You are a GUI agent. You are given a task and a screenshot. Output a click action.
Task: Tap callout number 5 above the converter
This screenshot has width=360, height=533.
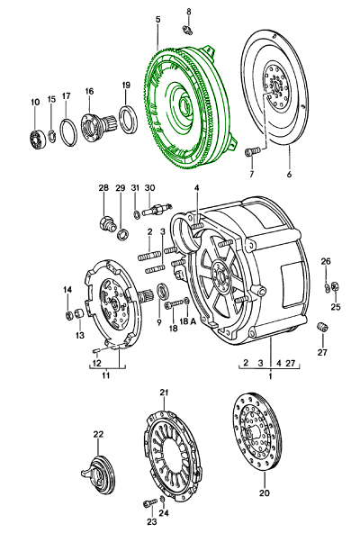158,20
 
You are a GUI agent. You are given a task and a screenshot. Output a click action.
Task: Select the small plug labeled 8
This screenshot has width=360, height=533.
187,30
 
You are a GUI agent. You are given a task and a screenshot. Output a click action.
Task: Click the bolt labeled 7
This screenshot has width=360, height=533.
252,151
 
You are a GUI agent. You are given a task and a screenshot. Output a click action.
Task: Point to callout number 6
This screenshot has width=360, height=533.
289,175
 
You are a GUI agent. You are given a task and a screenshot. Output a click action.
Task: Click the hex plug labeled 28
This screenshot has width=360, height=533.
107,223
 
